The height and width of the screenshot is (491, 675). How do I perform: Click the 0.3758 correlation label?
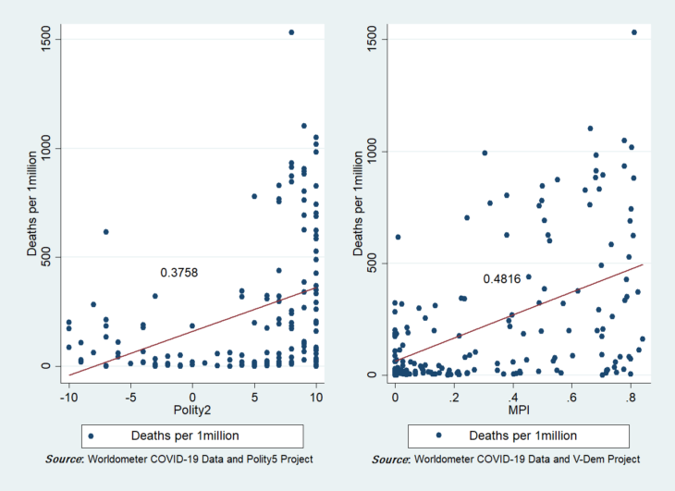[x=179, y=273]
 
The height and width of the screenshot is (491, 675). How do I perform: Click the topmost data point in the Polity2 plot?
[x=291, y=32]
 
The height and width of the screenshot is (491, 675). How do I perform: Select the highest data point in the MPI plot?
[x=634, y=32]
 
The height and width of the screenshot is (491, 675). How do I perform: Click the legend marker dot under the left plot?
[x=90, y=435]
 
